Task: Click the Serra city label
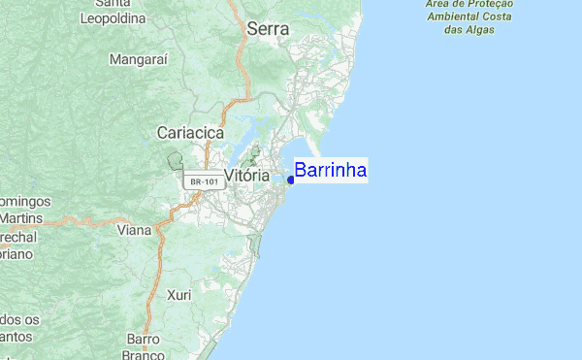click(x=268, y=29)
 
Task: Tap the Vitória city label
click(x=246, y=176)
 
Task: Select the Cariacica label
click(x=190, y=132)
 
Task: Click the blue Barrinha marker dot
click(x=291, y=179)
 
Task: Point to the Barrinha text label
click(x=330, y=171)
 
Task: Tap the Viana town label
click(x=134, y=230)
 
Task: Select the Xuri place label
click(x=178, y=294)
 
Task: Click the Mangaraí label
click(x=140, y=59)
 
